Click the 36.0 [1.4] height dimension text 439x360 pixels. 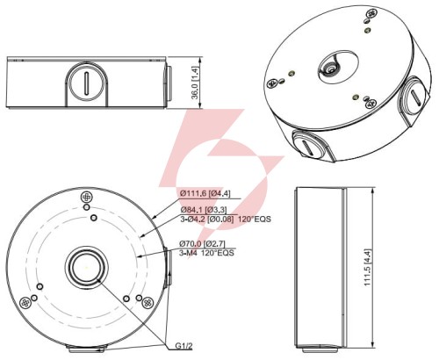196,83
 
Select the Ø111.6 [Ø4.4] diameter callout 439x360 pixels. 205,193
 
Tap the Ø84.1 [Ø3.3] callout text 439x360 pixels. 204,210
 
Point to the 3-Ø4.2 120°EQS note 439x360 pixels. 226,219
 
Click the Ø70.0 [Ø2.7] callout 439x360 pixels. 202,243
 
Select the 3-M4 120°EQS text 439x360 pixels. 206,253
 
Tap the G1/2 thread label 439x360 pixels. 184,346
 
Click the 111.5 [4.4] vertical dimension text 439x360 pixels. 368,268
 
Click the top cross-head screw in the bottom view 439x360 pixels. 87,197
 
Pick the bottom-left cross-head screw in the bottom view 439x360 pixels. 25,302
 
